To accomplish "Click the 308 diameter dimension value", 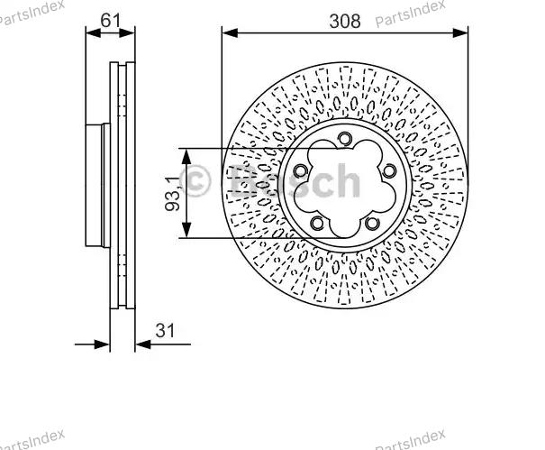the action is point(345,22).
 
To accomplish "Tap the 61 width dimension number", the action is point(111,20).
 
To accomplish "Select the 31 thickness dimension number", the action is point(165,330).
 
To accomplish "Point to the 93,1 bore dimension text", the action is point(173,194).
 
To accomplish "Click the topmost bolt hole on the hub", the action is point(344,139).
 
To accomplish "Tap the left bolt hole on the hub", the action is point(300,170).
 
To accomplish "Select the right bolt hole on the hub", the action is point(389,170).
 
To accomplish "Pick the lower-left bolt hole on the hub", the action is point(317,223).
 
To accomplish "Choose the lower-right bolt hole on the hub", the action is point(372,223).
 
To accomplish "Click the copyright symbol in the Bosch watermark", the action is point(195,180).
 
